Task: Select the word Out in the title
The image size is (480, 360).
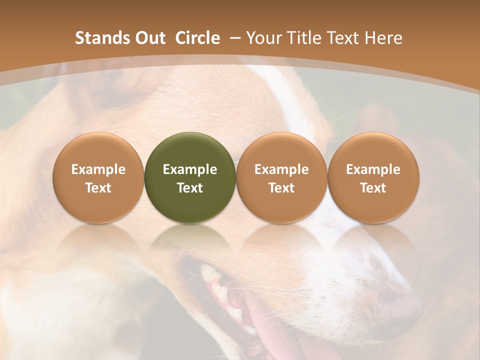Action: click(x=149, y=38)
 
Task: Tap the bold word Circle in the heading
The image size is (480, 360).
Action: click(x=197, y=38)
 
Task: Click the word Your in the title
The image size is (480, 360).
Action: click(x=263, y=38)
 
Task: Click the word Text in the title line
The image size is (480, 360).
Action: click(x=341, y=38)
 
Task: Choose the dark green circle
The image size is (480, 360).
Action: click(x=190, y=177)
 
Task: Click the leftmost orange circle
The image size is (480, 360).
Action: click(x=98, y=177)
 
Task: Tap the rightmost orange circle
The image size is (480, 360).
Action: click(x=373, y=177)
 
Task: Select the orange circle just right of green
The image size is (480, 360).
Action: click(x=281, y=177)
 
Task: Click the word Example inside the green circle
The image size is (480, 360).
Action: click(x=190, y=169)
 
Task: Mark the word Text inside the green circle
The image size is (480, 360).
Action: click(x=190, y=188)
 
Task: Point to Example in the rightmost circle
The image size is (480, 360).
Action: click(x=373, y=169)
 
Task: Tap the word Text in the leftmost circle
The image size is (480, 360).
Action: click(x=98, y=188)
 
